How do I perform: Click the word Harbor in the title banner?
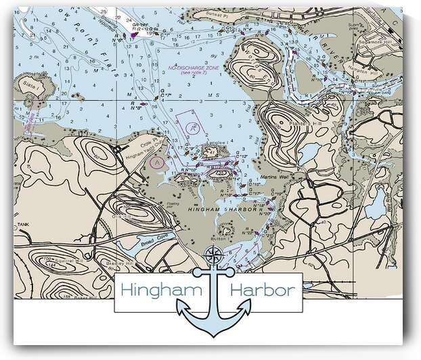pos(262,290)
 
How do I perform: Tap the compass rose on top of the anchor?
pos(214,255)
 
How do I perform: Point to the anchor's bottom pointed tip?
pos(214,335)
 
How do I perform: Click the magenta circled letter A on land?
pos(157,162)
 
